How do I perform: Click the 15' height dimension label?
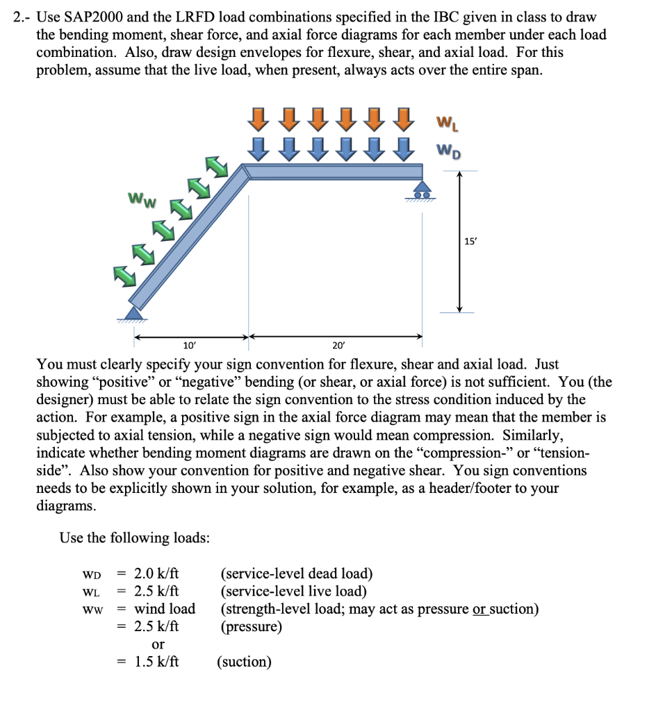point(470,241)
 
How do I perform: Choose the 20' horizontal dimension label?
point(338,344)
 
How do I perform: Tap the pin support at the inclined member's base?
point(133,312)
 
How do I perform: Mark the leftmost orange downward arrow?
point(259,119)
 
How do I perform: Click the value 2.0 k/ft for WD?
point(156,574)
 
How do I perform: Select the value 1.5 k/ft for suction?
point(156,662)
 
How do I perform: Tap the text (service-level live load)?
point(293,592)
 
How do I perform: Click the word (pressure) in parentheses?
point(251,627)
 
